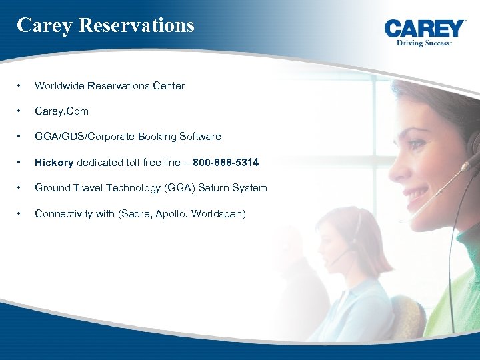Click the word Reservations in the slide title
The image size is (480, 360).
click(x=137, y=25)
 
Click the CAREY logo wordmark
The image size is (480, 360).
click(x=425, y=28)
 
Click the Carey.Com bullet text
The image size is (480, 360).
click(x=61, y=111)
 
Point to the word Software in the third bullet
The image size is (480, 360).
click(x=199, y=137)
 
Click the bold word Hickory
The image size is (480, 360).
click(x=54, y=162)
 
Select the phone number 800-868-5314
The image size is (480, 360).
click(x=225, y=162)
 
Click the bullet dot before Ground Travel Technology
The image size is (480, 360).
click(x=20, y=188)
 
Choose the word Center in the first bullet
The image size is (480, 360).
click(x=169, y=85)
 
